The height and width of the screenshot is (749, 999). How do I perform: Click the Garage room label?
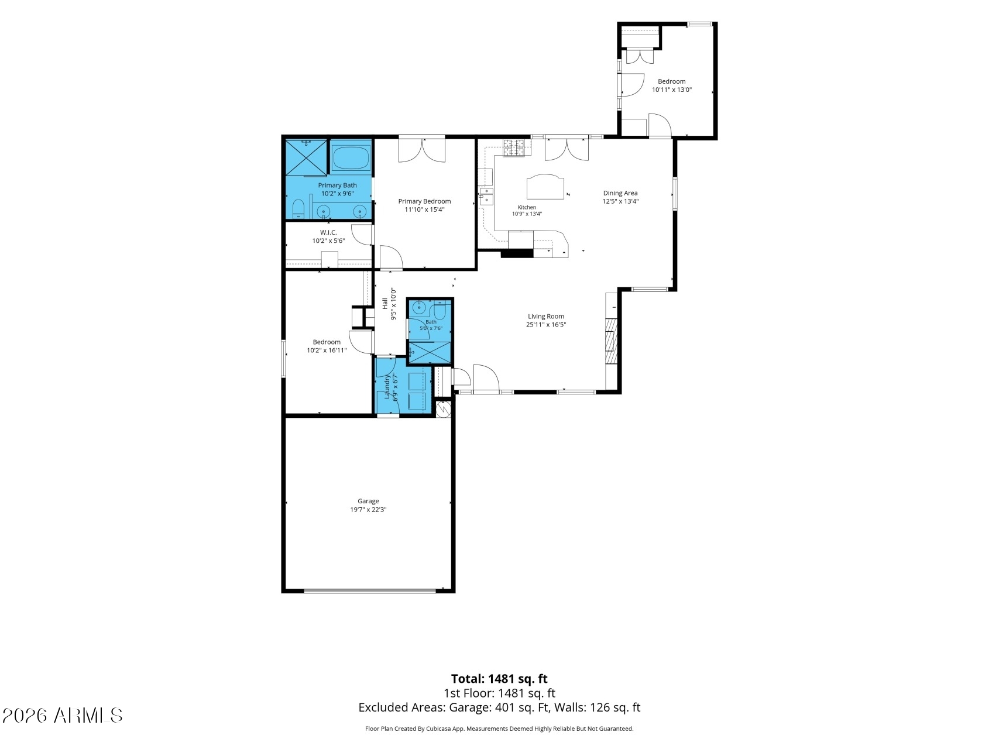point(368,501)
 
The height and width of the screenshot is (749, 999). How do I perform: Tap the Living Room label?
point(546,317)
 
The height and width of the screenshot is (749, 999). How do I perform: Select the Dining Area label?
point(620,193)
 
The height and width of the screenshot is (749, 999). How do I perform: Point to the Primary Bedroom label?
point(424,201)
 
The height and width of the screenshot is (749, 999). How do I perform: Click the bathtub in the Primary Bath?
point(351,158)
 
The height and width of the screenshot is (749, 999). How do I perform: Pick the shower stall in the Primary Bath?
point(305,157)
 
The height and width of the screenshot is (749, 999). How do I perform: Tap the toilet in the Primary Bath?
point(298,209)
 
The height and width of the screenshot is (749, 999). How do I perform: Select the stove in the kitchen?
point(514,148)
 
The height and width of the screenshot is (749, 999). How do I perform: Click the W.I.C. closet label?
point(328,232)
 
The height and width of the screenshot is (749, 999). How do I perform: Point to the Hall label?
point(385,304)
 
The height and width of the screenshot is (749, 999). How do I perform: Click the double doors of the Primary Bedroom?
point(422,150)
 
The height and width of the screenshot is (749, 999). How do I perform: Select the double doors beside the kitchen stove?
point(566,149)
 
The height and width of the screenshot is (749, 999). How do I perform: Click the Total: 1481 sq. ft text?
point(499,679)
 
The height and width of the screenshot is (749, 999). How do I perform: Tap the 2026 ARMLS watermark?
point(63,715)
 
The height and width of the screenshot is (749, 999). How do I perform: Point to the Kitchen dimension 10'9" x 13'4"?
point(527,214)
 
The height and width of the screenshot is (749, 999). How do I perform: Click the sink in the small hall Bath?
point(419,307)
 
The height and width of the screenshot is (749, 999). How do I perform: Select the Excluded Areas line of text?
point(499,707)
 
